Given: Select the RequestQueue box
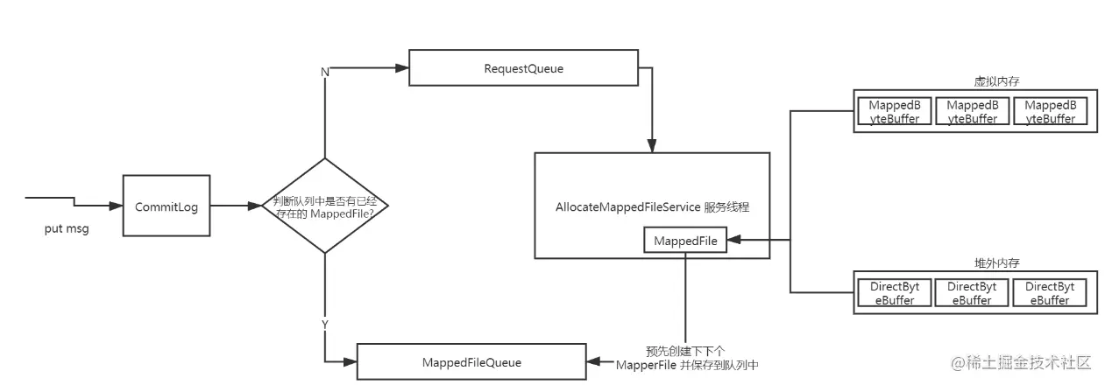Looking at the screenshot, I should pyautogui.click(x=523, y=67).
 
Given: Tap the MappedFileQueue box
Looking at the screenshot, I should pyautogui.click(x=471, y=362).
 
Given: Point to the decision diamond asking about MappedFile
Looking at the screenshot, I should pyautogui.click(x=325, y=206).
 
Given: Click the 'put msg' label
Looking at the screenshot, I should pyautogui.click(x=67, y=228).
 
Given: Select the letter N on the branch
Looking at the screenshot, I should pyautogui.click(x=325, y=71).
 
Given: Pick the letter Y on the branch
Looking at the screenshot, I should pyautogui.click(x=325, y=324).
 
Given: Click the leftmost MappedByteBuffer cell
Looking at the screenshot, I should pyautogui.click(x=894, y=111).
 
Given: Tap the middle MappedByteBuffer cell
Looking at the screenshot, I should pyautogui.click(x=972, y=111).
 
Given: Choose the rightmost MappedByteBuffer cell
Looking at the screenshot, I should pyautogui.click(x=1049, y=111).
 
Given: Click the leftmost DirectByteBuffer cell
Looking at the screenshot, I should pyautogui.click(x=894, y=293).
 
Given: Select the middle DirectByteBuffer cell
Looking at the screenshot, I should pyautogui.click(x=972, y=293).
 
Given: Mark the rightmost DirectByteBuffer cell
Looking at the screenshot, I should pyautogui.click(x=1049, y=293).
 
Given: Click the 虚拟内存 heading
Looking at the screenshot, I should pyautogui.click(x=972, y=80).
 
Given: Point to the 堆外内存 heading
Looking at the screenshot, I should pyautogui.click(x=972, y=262).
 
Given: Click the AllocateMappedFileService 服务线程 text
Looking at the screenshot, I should pyautogui.click(x=652, y=207).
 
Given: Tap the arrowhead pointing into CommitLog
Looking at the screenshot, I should pyautogui.click(x=116, y=206).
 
